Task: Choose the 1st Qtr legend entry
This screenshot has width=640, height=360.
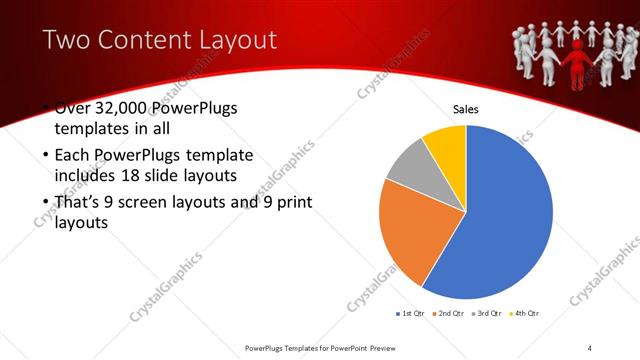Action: pyautogui.click(x=411, y=314)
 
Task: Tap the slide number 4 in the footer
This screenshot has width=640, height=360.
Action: pyautogui.click(x=590, y=347)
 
